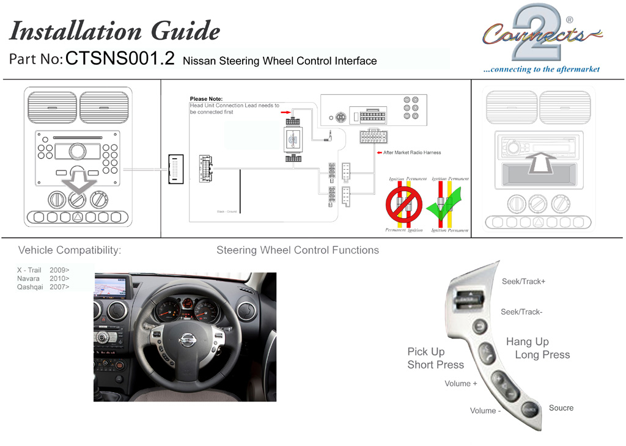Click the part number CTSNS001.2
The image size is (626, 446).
click(x=120, y=59)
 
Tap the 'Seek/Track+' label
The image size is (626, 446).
click(x=523, y=282)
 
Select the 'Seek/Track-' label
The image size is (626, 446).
click(x=521, y=312)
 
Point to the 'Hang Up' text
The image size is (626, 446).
click(x=527, y=342)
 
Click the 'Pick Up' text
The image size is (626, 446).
click(x=426, y=352)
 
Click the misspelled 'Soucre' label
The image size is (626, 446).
click(x=561, y=408)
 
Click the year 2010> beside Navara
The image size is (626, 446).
click(x=59, y=278)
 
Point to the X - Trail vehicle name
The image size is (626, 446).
click(x=29, y=269)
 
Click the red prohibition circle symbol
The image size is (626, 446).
click(x=404, y=204)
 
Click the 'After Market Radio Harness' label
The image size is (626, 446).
click(x=412, y=152)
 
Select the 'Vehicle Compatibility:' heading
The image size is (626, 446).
click(x=70, y=250)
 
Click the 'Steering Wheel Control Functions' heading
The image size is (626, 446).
click(x=298, y=250)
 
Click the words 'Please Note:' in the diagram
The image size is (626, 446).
click(x=206, y=98)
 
